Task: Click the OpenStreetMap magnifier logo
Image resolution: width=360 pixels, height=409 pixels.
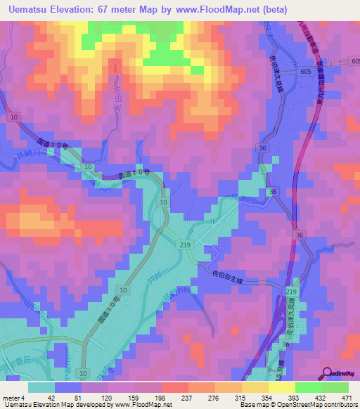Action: click(328, 374)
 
